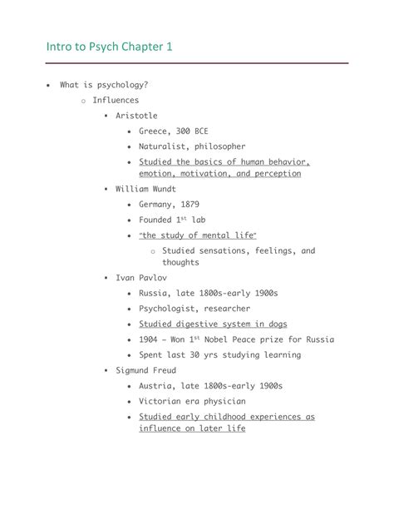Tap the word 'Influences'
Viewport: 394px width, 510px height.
tap(116, 100)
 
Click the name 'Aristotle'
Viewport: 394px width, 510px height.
tap(135, 116)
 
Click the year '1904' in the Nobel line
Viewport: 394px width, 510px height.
tap(151, 339)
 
